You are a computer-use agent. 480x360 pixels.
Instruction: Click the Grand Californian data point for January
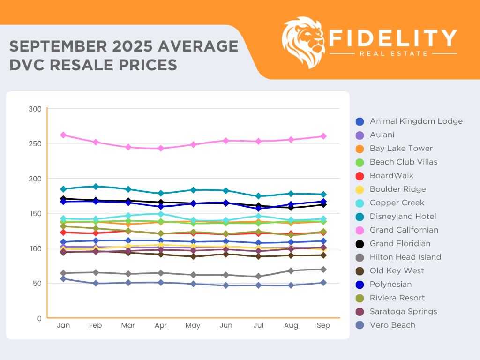63,135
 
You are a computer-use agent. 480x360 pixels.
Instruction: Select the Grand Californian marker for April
161,148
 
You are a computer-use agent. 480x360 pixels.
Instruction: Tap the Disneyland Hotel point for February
96,187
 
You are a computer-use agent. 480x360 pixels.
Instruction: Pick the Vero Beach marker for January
63,278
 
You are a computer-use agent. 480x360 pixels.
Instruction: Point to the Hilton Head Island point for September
323,270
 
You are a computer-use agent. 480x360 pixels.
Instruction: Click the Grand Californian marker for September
323,136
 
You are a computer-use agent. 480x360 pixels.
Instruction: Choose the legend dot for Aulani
360,135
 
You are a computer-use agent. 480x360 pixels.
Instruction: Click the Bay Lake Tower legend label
401,149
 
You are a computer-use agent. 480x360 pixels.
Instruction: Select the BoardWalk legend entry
391,176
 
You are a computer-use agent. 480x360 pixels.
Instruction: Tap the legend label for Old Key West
397,271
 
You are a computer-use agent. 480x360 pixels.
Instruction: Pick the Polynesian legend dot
360,285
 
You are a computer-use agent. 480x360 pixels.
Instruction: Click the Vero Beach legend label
392,325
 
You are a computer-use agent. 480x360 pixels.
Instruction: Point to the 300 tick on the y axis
37,109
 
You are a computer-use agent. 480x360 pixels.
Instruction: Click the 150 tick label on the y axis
37,214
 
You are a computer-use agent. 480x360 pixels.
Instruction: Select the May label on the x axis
193,325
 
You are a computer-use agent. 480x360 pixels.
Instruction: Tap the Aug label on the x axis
291,325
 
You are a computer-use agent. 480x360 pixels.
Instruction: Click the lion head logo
304,41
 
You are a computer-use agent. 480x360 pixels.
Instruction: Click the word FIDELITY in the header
393,38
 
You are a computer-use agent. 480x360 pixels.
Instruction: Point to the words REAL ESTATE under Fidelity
393,53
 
